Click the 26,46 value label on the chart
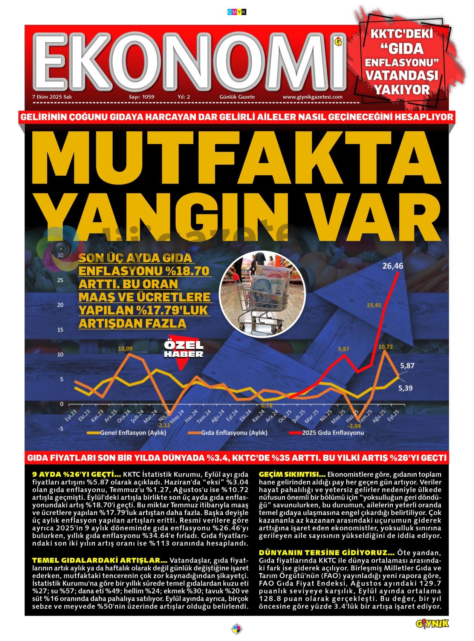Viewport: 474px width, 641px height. pyautogui.click(x=393, y=266)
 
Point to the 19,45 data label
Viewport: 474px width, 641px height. pyautogui.click(x=373, y=305)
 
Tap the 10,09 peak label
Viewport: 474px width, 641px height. pyautogui.click(x=125, y=348)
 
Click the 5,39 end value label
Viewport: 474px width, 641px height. pyautogui.click(x=405, y=388)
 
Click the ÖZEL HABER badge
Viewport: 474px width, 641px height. pyautogui.click(x=183, y=350)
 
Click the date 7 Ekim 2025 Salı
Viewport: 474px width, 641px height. pyautogui.click(x=52, y=97)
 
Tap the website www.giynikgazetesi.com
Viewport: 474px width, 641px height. pyautogui.click(x=312, y=97)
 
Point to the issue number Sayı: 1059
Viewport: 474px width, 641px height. pyautogui.click(x=142, y=97)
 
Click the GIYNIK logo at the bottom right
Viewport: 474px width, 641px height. pyautogui.click(x=432, y=624)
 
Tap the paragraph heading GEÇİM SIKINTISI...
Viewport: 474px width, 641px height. pyautogui.click(x=292, y=474)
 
